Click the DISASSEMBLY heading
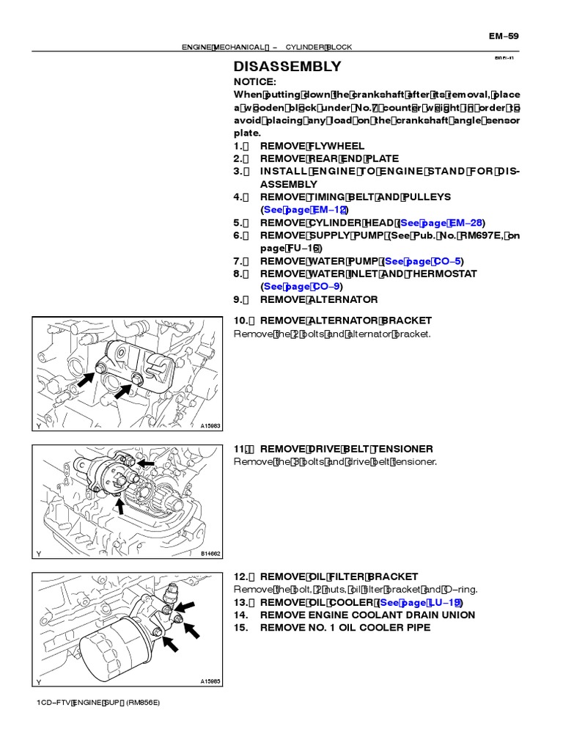tap(287, 66)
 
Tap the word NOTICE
tap(254, 81)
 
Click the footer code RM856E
tap(142, 703)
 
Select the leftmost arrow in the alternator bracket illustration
tap(84, 380)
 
